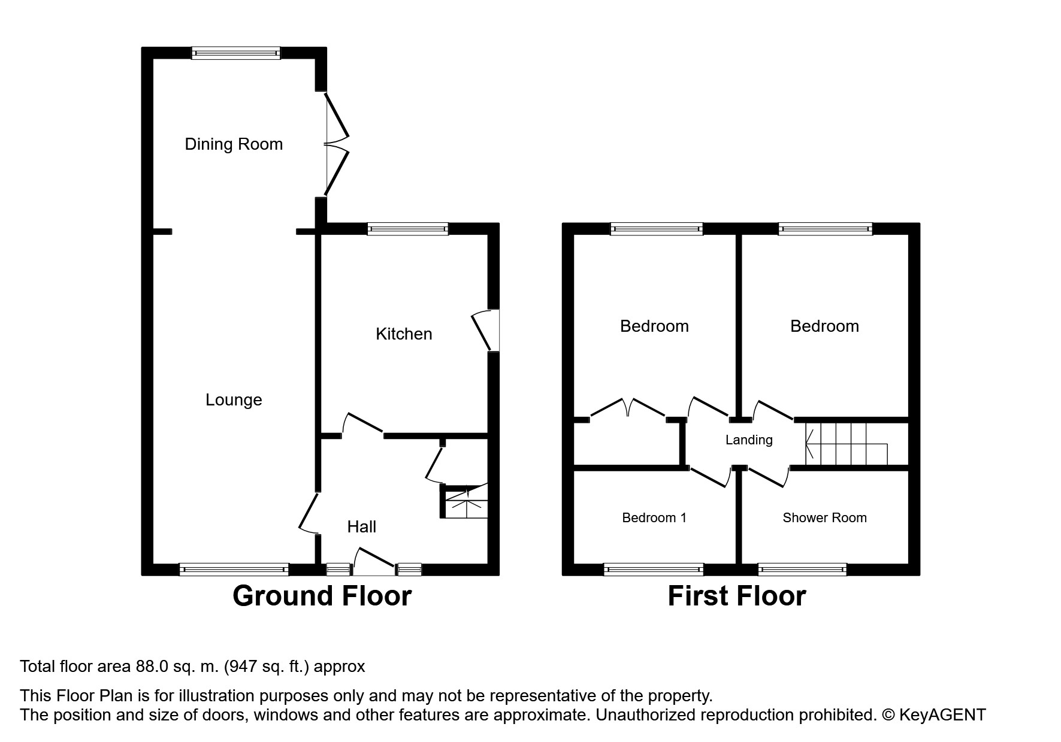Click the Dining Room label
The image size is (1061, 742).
(234, 144)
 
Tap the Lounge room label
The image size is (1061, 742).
(234, 400)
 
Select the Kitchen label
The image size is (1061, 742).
(404, 334)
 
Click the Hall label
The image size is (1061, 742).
(362, 527)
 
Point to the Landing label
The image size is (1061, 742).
(749, 440)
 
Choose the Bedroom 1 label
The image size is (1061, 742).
(654, 518)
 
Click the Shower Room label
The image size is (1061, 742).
(824, 518)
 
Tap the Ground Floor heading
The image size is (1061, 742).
(322, 596)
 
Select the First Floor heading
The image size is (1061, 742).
(737, 596)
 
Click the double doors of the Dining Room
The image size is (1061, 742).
(335, 144)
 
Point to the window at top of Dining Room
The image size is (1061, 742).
(236, 53)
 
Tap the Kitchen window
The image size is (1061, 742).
(407, 229)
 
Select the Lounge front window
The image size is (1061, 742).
(234, 570)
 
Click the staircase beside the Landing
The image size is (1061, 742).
(845, 444)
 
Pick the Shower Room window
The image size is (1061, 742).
(802, 570)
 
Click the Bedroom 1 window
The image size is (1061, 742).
(654, 570)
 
